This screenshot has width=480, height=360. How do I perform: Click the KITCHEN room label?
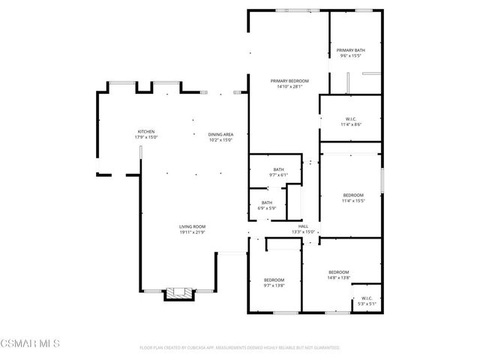145,132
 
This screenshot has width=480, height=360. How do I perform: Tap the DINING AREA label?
220,134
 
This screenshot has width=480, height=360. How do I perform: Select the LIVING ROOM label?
192,226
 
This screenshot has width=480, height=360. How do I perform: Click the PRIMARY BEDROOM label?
289,81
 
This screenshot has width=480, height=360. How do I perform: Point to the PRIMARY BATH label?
350,50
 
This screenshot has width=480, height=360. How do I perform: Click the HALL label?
303,226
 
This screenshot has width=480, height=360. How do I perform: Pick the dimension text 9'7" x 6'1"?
279,175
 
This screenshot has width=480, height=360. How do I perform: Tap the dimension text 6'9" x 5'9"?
267,208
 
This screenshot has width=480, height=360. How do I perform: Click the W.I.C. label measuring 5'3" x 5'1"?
366,298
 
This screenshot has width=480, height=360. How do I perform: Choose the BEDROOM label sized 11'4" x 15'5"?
352,195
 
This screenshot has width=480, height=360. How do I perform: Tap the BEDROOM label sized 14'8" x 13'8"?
338,271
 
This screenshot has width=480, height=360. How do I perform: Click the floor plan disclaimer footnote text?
240,348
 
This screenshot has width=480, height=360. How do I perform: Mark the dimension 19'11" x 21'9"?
192,232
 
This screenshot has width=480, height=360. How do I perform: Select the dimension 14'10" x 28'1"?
289,86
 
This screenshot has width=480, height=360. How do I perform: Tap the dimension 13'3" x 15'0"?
303,232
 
